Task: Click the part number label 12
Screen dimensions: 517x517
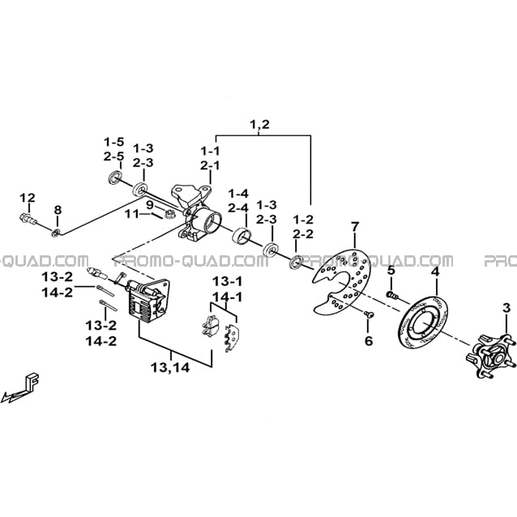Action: point(28,199)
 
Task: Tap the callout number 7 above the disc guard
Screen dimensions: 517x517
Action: point(354,227)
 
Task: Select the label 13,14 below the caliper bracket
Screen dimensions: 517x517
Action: point(171,367)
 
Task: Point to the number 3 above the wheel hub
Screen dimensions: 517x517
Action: point(506,308)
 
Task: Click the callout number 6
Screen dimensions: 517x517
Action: point(368,340)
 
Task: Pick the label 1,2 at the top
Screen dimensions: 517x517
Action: point(260,124)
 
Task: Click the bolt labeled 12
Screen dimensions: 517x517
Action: point(28,218)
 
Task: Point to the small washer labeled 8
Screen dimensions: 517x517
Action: point(56,233)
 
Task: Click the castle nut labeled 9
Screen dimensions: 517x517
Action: point(169,214)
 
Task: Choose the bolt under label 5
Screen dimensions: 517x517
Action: point(391,294)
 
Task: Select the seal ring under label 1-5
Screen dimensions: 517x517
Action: point(115,177)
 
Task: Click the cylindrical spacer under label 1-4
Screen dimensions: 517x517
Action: point(241,236)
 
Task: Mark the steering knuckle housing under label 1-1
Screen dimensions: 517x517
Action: point(197,213)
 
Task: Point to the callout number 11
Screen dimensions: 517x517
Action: point(132,214)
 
